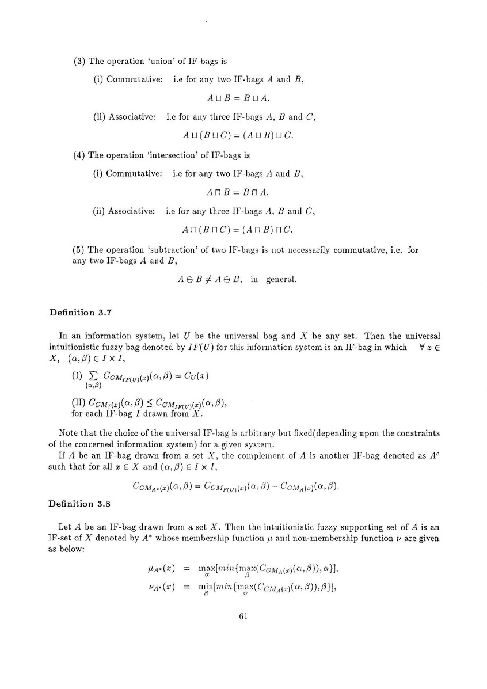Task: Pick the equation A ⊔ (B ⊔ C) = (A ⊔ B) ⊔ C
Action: point(237,136)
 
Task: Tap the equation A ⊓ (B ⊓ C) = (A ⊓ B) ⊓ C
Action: point(237,230)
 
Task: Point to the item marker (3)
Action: point(79,61)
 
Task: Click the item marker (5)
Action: point(79,250)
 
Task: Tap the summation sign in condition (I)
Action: point(89,376)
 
